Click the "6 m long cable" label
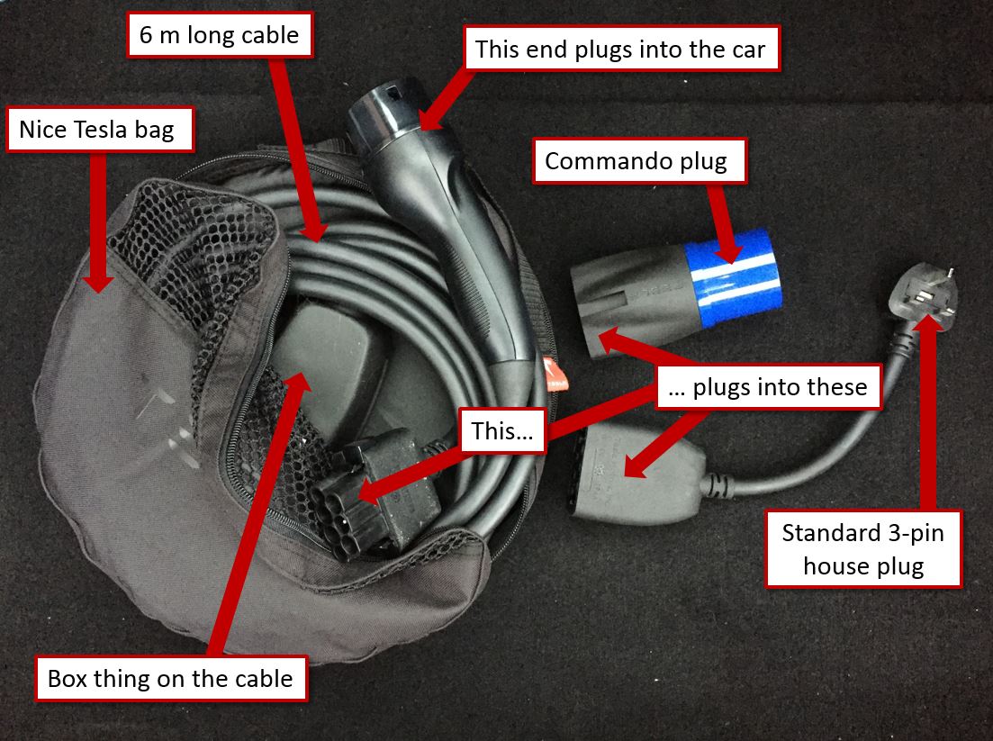click(220, 35)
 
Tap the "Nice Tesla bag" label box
click(99, 129)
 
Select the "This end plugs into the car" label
click(621, 48)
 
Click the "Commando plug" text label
click(639, 161)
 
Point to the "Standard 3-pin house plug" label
click(863, 548)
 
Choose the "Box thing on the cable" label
click(171, 678)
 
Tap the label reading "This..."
click(503, 430)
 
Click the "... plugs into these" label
click(768, 386)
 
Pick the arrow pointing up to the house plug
click(928, 411)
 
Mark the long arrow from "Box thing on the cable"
click(257, 513)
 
